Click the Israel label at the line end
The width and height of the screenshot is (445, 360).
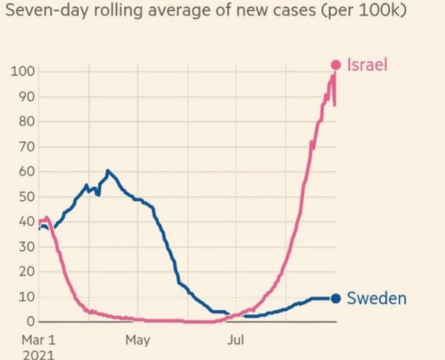[x=367, y=65]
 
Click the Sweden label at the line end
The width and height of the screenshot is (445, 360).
[x=377, y=298]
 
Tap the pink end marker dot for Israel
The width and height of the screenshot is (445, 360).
[x=335, y=65]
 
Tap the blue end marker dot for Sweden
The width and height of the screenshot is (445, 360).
[x=335, y=298]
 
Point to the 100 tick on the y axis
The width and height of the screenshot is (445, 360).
[x=22, y=72]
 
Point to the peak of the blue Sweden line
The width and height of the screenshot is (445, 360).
[x=107, y=170]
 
